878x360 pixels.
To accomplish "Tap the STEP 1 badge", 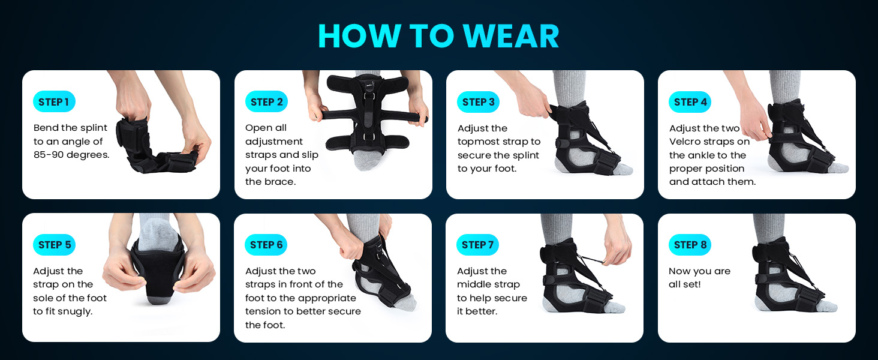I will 54,102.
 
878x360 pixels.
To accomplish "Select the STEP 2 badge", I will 266,102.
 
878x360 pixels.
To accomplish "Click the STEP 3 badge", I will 478,102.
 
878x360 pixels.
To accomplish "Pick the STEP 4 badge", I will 690,102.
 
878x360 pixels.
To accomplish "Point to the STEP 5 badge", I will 54,245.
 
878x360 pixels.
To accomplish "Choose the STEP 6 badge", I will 266,245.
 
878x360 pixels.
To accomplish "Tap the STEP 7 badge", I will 478,245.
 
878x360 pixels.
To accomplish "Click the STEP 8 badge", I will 690,245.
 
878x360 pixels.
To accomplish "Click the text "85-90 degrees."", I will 71,155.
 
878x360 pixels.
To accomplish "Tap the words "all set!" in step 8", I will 684,284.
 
